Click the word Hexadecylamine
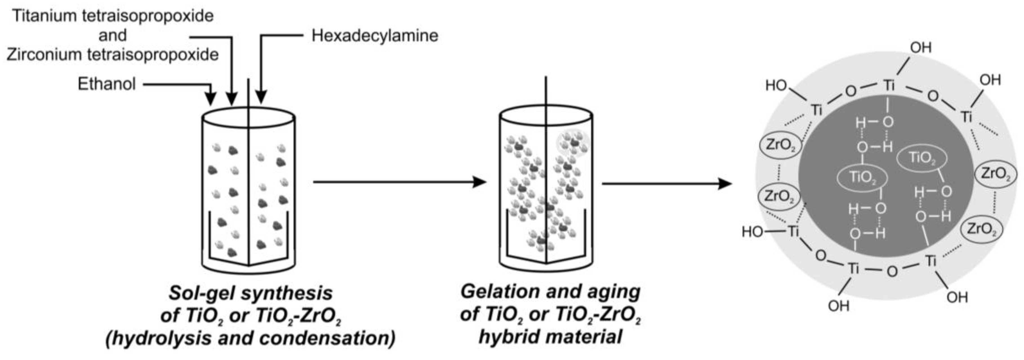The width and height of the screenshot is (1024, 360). (375, 36)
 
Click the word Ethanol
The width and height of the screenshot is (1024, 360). (106, 84)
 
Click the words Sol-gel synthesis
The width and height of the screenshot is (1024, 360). (250, 293)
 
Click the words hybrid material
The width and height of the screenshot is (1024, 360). (550, 337)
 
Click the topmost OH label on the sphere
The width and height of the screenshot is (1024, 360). (921, 48)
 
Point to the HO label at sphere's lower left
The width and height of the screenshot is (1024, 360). (752, 232)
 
